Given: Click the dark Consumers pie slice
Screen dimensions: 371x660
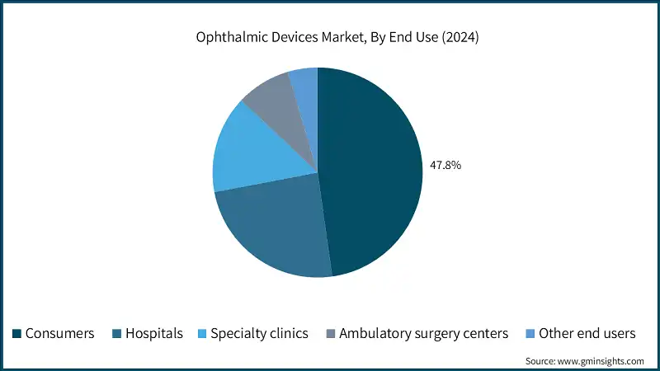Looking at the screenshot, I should pyautogui.click(x=371, y=173).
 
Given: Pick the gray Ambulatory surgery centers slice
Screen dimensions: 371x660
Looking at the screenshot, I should pyautogui.click(x=272, y=99).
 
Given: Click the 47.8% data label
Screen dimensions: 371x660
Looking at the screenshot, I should pyautogui.click(x=445, y=165).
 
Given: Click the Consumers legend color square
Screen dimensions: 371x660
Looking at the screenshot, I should pyautogui.click(x=16, y=334).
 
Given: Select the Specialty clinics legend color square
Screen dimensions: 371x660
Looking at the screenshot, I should pyautogui.click(x=201, y=334).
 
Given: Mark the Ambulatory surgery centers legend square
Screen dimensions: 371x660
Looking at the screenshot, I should pyautogui.click(x=330, y=334).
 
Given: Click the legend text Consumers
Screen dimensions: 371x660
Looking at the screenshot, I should pyautogui.click(x=59, y=334).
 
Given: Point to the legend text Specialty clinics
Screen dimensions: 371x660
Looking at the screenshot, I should pyautogui.click(x=259, y=334).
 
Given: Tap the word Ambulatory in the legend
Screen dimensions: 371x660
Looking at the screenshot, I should pyautogui.click(x=372, y=334).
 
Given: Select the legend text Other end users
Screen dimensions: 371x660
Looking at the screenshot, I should pyautogui.click(x=587, y=334).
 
